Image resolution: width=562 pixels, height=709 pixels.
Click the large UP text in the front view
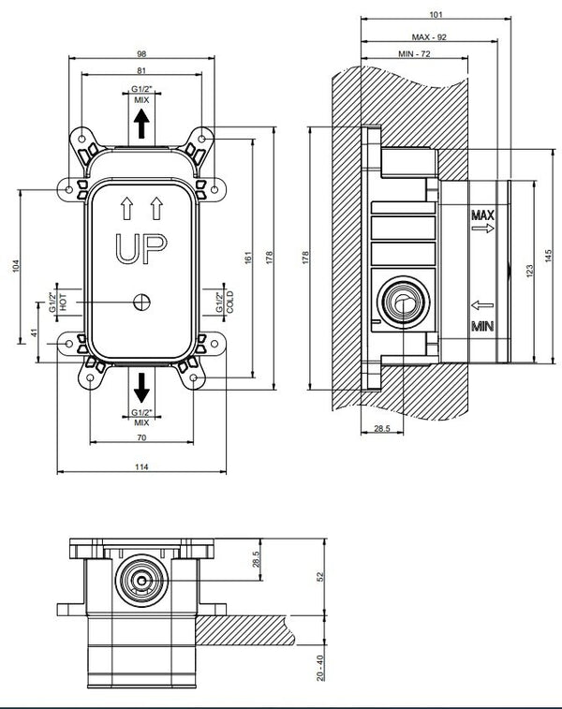point(141,248)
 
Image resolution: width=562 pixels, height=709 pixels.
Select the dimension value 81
point(140,71)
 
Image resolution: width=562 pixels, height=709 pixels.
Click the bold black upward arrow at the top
point(141,123)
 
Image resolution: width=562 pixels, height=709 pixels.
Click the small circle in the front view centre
point(141,302)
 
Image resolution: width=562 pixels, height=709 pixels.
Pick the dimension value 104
point(13,267)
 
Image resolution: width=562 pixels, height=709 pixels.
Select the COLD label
point(218,302)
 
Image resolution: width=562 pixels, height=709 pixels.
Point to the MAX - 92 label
point(429,37)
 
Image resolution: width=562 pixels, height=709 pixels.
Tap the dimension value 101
point(435,14)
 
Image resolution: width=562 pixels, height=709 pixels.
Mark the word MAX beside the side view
point(482,216)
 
